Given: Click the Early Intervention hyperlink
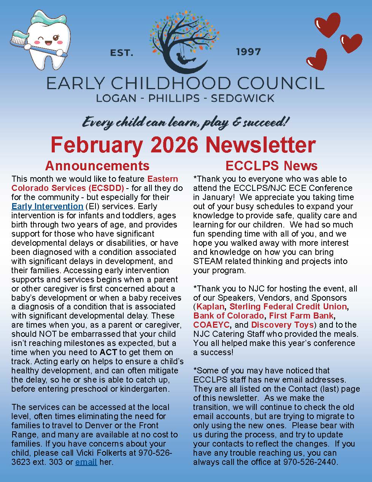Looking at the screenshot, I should point(47,207).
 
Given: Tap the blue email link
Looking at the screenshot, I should point(86,462).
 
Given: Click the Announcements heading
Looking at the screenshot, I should point(97,166).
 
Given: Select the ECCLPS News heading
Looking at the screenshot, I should point(271,166).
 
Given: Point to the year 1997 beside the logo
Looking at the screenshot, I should point(248,52).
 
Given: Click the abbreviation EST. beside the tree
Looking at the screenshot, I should point(122,53).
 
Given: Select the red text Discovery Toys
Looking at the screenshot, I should point(282,325).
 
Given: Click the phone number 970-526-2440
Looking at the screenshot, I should point(310,462).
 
